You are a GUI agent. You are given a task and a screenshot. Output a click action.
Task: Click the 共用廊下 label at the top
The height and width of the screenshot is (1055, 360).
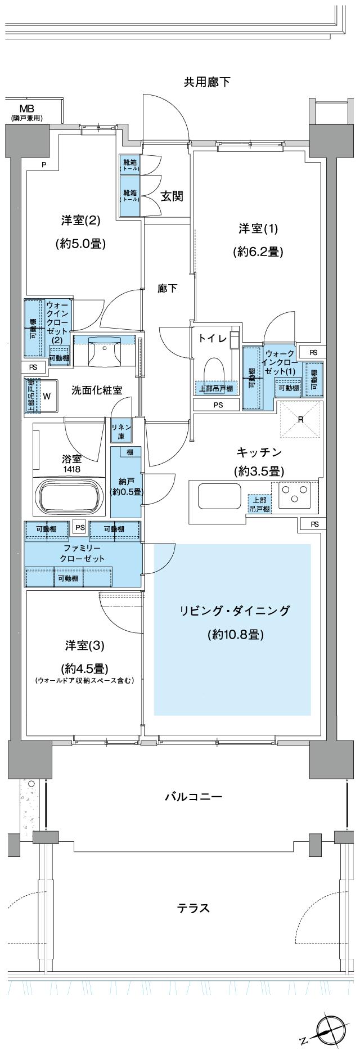coord(207,83)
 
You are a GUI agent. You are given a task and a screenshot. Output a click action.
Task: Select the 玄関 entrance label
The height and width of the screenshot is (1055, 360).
coord(172,196)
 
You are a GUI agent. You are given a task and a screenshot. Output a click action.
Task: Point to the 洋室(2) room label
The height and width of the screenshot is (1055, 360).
coord(80,221)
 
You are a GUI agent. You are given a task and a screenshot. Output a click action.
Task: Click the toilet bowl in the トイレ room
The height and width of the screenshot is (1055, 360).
coord(214,370)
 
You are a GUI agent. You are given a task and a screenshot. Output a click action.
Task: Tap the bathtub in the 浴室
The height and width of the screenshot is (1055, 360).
coord(70,496)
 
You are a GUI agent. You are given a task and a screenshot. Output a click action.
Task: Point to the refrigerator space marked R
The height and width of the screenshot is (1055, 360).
coord(300,419)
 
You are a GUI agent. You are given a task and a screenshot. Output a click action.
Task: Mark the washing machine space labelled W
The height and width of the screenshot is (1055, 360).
coord(47,396)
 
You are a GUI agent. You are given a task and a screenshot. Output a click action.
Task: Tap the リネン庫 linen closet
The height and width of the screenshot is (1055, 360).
coord(121,431)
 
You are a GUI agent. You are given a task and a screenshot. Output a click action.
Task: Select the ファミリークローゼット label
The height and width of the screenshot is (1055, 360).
coord(82,554)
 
